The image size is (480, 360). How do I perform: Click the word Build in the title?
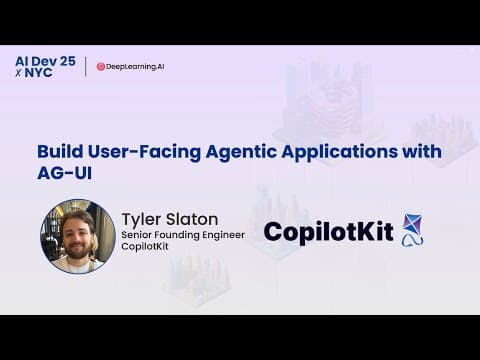click(57, 152)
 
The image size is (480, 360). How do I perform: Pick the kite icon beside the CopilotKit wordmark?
click(411, 230)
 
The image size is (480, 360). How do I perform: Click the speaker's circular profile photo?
click(77, 236)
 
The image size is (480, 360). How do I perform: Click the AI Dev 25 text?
click(46, 60)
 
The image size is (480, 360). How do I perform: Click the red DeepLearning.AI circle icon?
click(102, 67)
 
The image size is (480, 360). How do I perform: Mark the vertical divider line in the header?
click(86, 67)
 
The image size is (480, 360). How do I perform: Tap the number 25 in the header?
click(66, 60)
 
